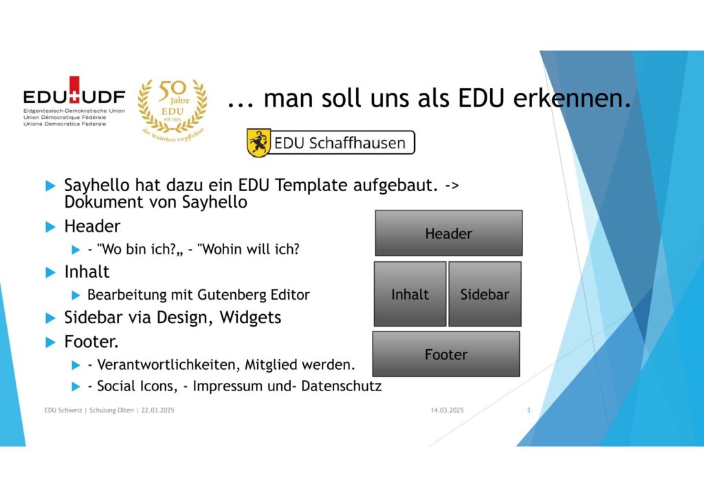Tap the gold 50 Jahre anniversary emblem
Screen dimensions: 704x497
click(173, 109)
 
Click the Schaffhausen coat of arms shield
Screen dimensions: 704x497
click(258, 143)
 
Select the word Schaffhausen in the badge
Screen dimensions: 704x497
click(357, 143)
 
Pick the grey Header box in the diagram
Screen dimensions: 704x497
click(448, 233)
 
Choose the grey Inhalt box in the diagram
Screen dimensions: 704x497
click(410, 294)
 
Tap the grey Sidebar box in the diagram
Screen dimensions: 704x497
click(485, 294)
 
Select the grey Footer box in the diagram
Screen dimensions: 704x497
click(446, 354)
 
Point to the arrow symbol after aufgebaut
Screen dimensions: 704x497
click(452, 186)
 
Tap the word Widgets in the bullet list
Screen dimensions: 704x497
click(250, 318)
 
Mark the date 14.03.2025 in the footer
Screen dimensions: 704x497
click(447, 410)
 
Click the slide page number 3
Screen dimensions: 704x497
click(529, 410)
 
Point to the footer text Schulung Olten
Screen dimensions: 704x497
click(111, 410)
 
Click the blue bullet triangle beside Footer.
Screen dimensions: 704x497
click(51, 342)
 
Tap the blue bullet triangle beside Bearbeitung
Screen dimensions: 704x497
click(76, 295)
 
